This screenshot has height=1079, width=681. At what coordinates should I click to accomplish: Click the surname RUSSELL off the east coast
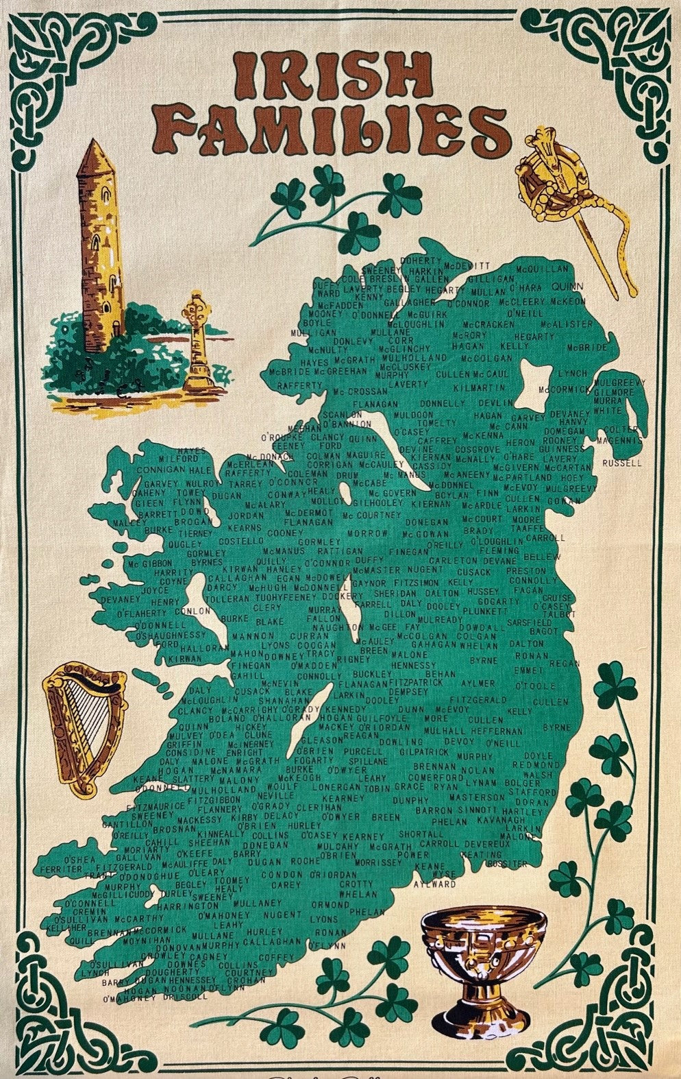622,463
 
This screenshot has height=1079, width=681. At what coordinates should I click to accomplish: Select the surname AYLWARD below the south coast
434,884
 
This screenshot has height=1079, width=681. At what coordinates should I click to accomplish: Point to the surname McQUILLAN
542,269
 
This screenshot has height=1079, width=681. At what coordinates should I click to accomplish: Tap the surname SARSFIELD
529,622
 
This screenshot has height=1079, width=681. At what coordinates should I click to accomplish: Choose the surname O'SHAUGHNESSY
171,635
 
